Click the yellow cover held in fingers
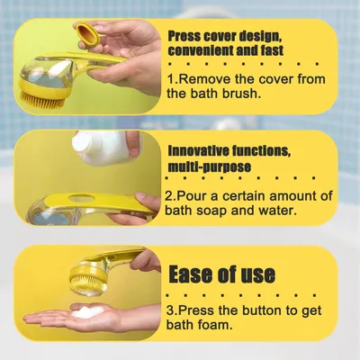coord(88,33)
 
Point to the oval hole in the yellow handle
coord(81,198)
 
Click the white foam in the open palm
coord(87,311)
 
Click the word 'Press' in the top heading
coord(184,37)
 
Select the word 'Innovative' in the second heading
coord(196,151)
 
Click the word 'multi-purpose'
coord(209,166)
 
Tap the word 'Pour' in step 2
coord(190,196)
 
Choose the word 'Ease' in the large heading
coord(193,274)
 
